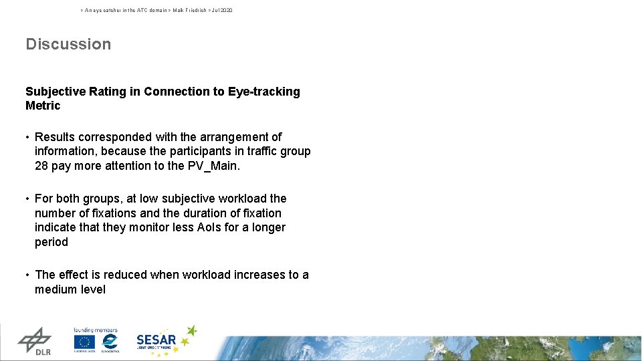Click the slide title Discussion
point(68,44)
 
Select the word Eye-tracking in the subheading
point(264,92)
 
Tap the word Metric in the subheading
point(43,106)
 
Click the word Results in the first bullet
point(56,137)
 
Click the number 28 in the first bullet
point(41,166)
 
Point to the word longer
point(267,227)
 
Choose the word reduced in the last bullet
point(120,275)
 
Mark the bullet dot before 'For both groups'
point(28,199)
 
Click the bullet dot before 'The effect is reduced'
point(28,275)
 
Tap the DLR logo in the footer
point(34,341)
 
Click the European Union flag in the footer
point(84,342)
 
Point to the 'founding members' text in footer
point(95,330)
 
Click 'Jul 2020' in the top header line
point(222,11)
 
